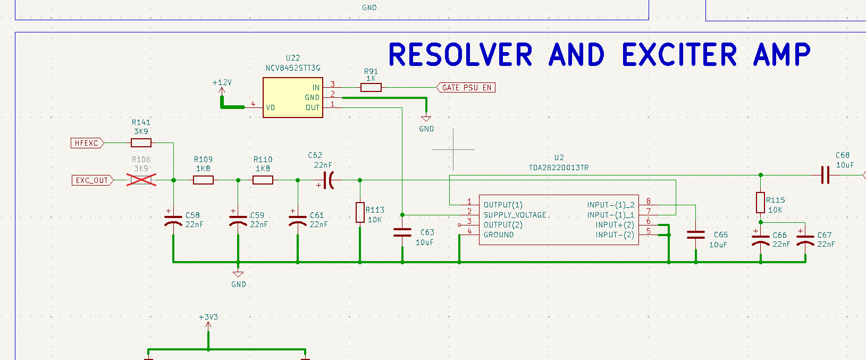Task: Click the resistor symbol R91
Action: click(371, 88)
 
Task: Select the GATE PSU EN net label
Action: click(466, 88)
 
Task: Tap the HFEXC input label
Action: click(87, 143)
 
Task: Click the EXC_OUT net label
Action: click(92, 180)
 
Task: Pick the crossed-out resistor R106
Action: click(141, 180)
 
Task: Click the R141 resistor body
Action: click(141, 143)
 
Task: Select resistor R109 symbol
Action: click(203, 180)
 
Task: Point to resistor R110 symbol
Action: click(263, 180)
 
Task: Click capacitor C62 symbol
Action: click(329, 180)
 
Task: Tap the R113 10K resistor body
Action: click(360, 213)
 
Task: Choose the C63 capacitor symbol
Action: click(402, 233)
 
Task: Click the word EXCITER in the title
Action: click(679, 55)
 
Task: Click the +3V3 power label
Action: click(208, 317)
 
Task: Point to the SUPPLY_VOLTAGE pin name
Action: click(515, 215)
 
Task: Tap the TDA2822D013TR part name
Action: click(559, 168)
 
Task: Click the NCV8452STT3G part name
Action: click(293, 68)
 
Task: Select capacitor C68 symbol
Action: click(825, 175)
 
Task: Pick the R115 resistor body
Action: click(761, 203)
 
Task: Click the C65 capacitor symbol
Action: click(696, 235)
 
